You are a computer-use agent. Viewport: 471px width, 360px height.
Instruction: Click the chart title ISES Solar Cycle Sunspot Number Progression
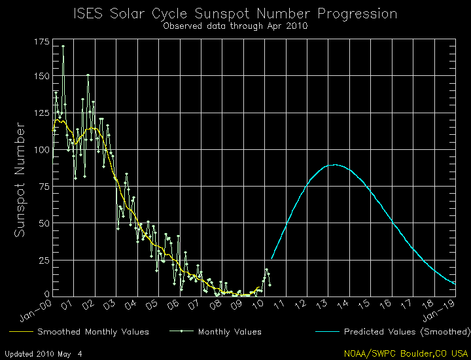click(235, 14)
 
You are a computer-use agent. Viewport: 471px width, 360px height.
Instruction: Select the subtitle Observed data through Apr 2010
click(235, 26)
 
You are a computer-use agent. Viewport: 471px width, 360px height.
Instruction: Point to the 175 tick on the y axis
click(41, 42)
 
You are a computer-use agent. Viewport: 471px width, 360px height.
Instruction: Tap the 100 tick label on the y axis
click(41, 150)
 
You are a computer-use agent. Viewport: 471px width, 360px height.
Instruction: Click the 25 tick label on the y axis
click(43, 260)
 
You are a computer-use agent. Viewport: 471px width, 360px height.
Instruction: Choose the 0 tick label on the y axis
click(46, 295)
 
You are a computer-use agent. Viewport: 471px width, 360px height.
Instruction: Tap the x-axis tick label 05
click(152, 305)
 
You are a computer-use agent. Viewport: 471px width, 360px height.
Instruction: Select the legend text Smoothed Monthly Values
click(93, 332)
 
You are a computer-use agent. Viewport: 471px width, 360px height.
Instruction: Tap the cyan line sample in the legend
click(334, 332)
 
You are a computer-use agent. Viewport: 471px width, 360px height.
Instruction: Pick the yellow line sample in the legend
click(19, 332)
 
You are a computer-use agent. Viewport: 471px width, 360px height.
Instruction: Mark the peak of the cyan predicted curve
click(335, 165)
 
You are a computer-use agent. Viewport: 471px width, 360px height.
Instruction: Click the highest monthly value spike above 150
click(63, 46)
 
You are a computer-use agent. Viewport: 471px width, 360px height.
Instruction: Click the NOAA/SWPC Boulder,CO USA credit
click(406, 353)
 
